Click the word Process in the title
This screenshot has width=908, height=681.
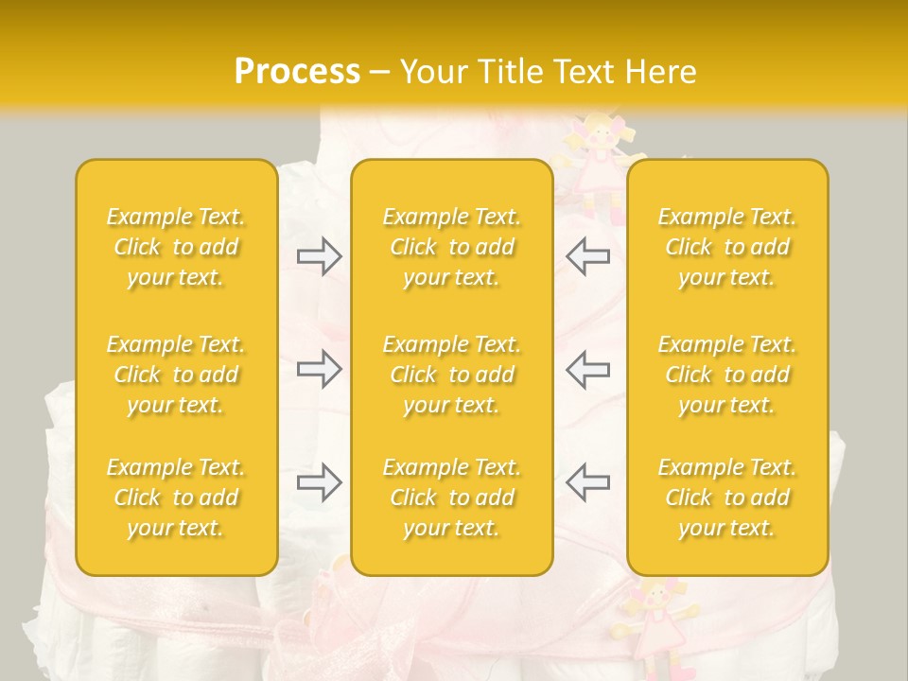pos(297,72)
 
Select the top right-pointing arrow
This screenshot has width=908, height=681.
pos(320,256)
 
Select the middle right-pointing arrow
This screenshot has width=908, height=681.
pos(320,369)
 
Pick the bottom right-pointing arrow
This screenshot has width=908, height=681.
pos(320,481)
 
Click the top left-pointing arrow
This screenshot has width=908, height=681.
pos(587,256)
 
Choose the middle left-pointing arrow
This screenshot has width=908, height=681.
pos(587,369)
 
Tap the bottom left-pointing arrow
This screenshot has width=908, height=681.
pos(587,481)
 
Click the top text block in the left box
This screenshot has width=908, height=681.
pos(176,247)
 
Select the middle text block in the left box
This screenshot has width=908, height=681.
pos(176,375)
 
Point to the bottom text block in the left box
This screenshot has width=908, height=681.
pos(176,498)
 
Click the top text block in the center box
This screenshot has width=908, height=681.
pos(452,247)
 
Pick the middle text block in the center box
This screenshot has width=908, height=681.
pos(452,375)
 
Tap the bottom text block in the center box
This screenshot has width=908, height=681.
pos(452,498)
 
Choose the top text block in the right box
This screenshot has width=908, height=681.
pos(727,247)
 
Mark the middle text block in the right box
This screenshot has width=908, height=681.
pos(727,375)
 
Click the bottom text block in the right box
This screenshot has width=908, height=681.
pos(727,498)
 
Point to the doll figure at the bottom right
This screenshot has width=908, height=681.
pos(655,624)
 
